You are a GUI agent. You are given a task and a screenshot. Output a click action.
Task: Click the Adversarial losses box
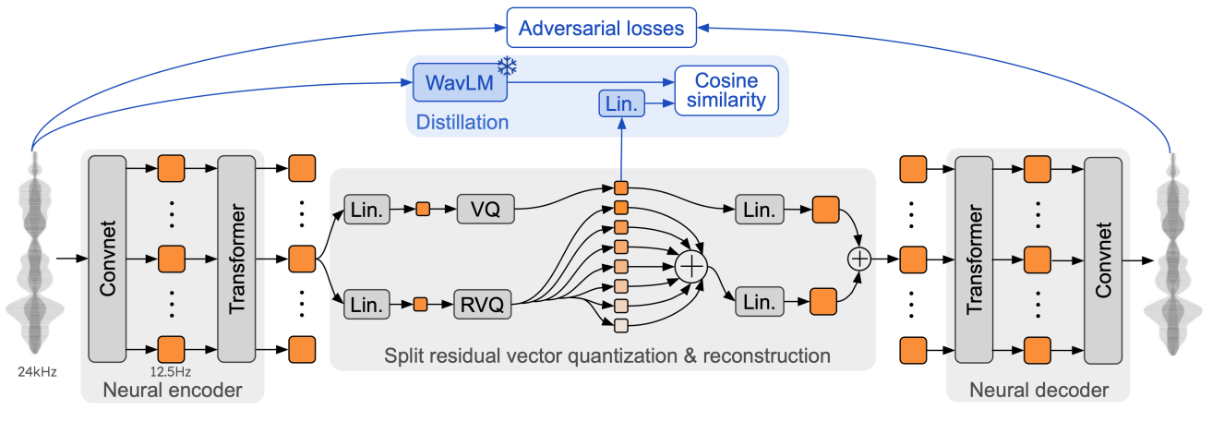click(601, 28)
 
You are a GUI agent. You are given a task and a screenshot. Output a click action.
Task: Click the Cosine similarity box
click(726, 90)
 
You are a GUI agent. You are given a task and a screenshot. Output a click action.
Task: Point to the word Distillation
click(462, 121)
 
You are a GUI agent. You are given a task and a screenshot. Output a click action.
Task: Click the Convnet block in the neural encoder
click(107, 259)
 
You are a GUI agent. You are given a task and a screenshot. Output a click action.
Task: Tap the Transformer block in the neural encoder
click(236, 259)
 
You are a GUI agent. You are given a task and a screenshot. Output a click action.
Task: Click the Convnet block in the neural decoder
click(1103, 259)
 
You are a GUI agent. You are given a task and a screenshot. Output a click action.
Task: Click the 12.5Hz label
click(171, 372)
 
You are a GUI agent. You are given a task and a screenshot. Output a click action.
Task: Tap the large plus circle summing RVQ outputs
click(691, 267)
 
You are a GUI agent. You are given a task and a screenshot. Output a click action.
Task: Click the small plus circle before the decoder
click(859, 259)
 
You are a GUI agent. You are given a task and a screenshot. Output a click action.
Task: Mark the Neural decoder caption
click(1038, 391)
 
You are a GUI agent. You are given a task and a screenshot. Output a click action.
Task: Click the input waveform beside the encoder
click(35, 259)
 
